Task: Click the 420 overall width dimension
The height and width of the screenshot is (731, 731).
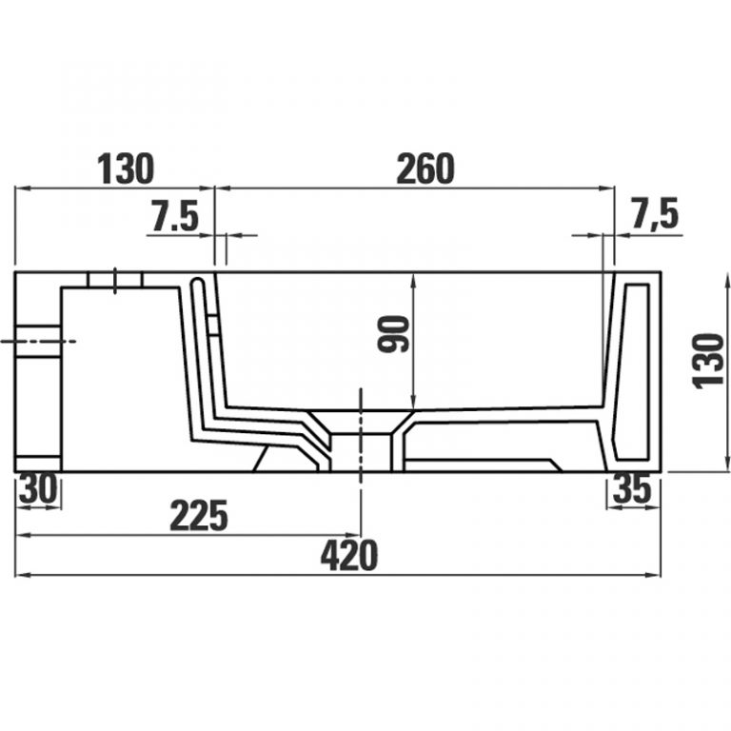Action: (349, 556)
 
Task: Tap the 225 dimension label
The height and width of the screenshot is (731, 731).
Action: (199, 516)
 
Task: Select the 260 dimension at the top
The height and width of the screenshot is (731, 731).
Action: (425, 168)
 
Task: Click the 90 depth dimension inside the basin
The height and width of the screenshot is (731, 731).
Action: (393, 334)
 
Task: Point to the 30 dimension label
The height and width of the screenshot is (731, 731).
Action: (38, 488)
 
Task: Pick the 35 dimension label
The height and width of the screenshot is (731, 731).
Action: (632, 488)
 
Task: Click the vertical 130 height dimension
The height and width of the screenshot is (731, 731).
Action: (708, 361)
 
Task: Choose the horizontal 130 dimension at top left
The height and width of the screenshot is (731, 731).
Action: (126, 168)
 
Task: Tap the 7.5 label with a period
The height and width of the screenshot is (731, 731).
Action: (175, 216)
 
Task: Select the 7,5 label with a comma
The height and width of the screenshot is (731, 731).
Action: (655, 213)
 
